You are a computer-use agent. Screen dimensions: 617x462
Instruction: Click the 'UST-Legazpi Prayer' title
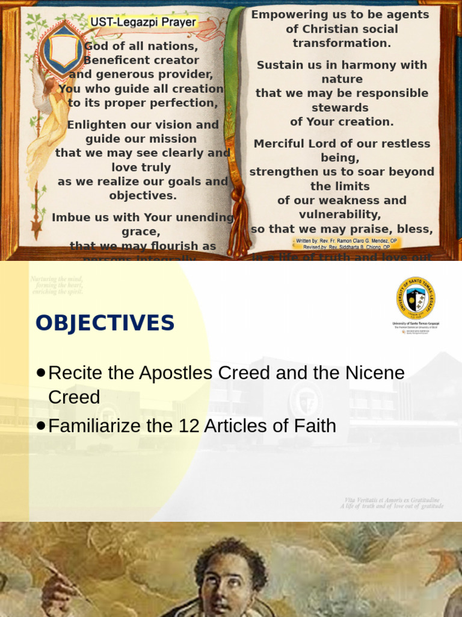coord(143,22)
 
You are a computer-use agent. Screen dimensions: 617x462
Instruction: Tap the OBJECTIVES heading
coord(105,324)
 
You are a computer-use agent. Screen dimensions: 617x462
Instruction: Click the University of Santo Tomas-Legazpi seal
coord(416,298)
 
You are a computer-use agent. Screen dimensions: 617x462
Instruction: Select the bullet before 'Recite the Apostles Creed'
coord(40,373)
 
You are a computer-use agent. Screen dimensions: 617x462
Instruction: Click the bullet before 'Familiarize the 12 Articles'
coord(40,426)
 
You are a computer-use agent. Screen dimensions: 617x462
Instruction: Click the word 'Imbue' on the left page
coord(69,217)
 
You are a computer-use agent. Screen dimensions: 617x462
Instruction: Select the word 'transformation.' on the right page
coord(342,43)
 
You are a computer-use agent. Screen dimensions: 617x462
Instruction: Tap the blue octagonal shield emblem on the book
coord(63,51)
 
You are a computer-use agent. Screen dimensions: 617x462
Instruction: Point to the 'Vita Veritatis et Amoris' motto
coord(392,500)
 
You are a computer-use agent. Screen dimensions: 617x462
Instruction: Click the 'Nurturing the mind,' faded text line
coord(57,279)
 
